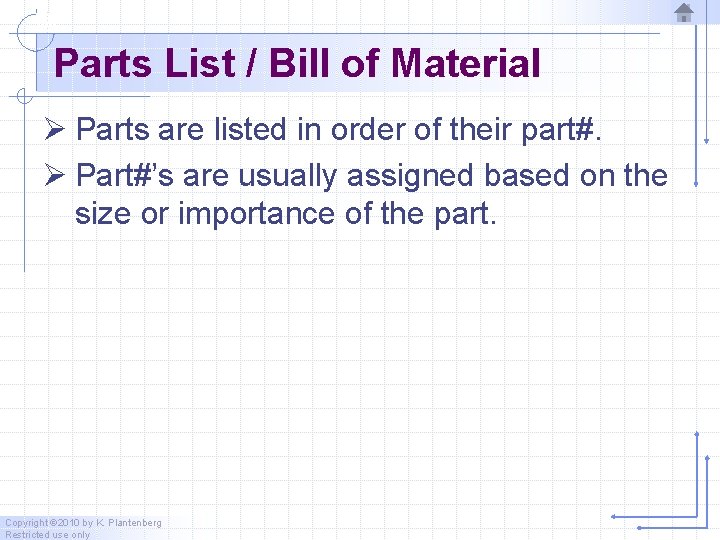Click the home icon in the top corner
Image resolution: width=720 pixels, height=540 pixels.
(x=684, y=13)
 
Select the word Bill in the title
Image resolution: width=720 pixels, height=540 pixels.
(x=296, y=64)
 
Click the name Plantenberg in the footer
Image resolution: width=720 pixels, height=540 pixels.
(x=134, y=523)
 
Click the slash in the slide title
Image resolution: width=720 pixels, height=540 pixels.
(x=253, y=64)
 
